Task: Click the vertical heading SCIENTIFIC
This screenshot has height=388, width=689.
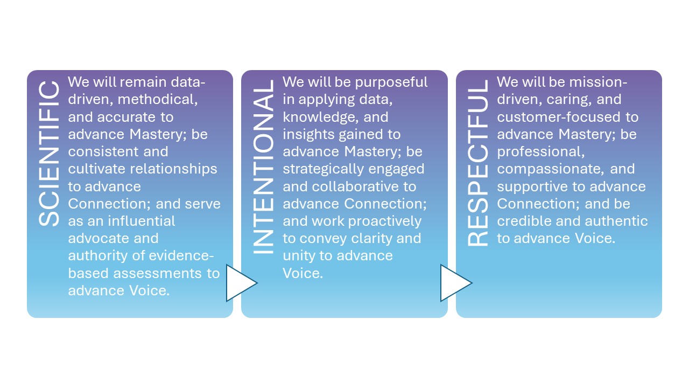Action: point(49,154)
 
